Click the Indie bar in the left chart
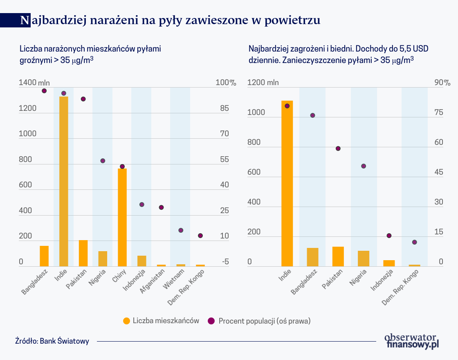coord(64,181)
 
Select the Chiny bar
coord(122,217)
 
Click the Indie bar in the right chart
coord(287,184)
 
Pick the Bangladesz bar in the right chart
coord(312,257)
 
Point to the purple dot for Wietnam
coord(181,230)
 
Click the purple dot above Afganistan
coord(161,207)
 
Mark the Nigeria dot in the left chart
coord(103,161)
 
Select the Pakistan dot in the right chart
coord(338,148)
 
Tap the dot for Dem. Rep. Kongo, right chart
coord(414,242)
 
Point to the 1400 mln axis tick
coord(34,83)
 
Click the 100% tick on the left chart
coord(226,83)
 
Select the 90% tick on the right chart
coord(442,83)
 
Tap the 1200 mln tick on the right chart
coord(263,83)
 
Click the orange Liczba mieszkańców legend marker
coord(126,321)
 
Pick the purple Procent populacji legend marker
coord(211,321)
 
